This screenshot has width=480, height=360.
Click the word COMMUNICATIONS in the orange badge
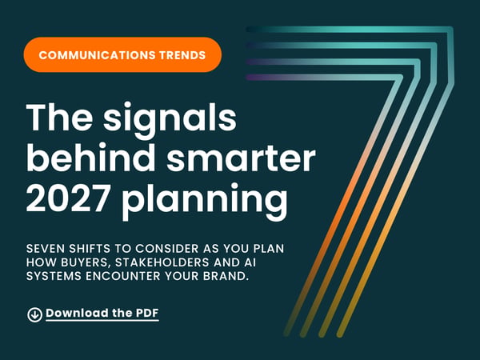[x=97, y=55]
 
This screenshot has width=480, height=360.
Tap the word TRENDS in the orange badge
[x=182, y=55]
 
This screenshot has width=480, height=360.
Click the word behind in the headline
[x=91, y=158]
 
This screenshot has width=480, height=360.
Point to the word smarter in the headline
[x=242, y=159]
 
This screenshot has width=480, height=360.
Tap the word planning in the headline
[x=205, y=201]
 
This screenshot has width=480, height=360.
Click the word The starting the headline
[x=60, y=118]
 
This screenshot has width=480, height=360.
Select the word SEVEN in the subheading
[x=46, y=249]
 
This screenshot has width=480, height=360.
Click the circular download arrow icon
[x=34, y=314]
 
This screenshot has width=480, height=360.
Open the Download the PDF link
[x=102, y=313]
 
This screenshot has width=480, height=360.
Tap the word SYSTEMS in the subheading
[x=54, y=276]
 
